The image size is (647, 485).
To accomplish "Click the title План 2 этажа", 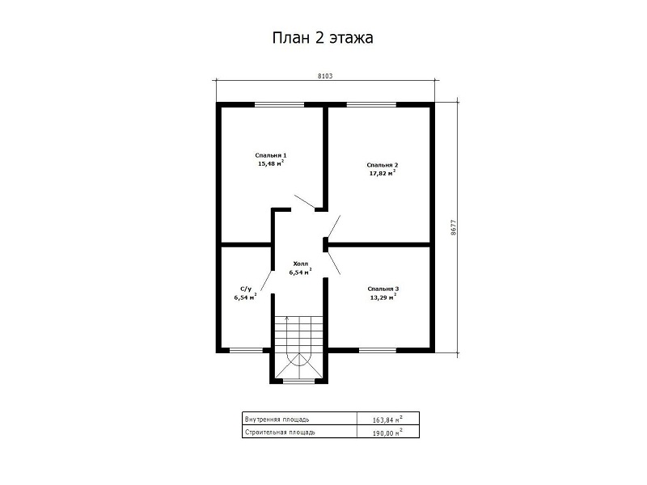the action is point(323,38).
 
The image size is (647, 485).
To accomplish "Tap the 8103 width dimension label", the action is point(325,76).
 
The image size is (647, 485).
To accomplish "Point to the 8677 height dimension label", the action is point(454,227).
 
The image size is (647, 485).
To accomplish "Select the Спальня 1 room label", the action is point(271,155).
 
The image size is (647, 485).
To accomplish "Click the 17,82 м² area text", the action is point(383,173).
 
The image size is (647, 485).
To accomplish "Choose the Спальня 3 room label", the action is point(383,289).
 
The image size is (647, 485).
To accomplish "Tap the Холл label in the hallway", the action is point(300,264).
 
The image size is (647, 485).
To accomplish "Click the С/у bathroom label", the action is point(246,289).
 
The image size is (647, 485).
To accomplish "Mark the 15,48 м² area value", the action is point(271,163).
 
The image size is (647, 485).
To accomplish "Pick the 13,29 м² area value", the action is point(383,297).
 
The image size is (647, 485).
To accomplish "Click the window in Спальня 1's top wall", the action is point(279,104).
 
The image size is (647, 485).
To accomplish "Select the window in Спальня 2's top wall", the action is point(371,104).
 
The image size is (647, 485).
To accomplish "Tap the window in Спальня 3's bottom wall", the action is point(378,351).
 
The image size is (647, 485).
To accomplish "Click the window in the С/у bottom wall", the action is point(246,351).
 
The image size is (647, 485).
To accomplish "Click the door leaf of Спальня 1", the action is point(305,200).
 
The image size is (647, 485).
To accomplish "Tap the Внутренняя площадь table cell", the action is point(299,419).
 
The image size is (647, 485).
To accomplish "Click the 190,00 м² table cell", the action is point(388,432).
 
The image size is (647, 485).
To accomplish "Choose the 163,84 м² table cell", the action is point(388,419).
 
